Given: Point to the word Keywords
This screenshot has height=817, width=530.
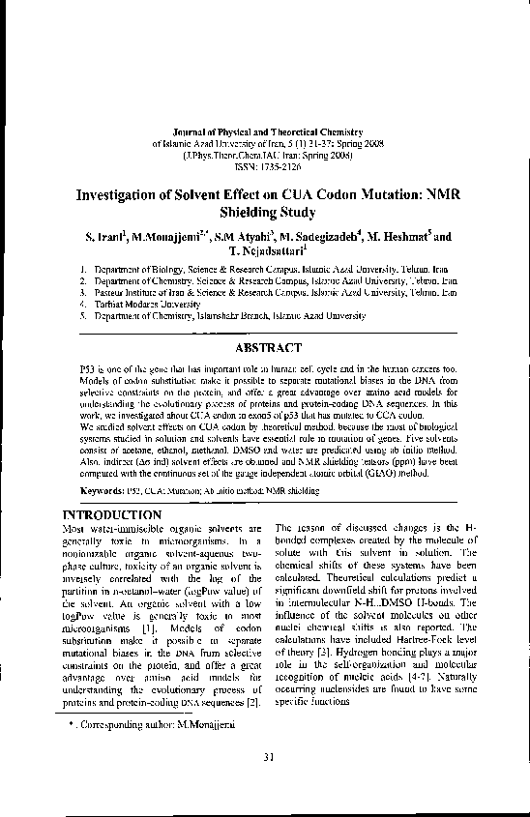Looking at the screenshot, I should [x=102, y=489].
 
